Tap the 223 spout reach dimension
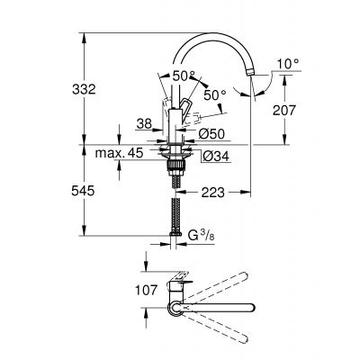(213, 192)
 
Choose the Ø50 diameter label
(208, 134)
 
